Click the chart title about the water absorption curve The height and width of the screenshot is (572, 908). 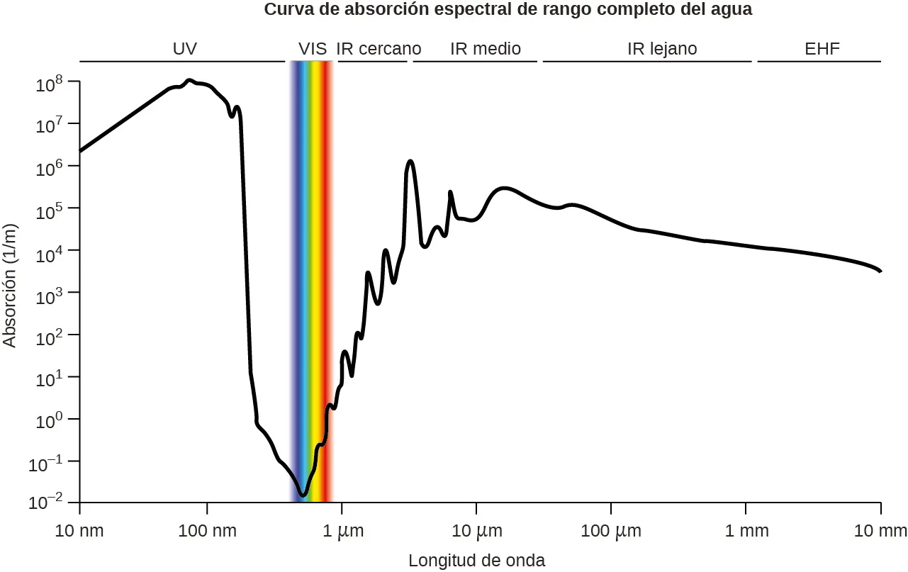[x=508, y=10]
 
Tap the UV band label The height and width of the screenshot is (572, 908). [x=184, y=49]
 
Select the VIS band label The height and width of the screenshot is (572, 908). [x=312, y=49]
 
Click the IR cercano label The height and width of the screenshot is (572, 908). [x=379, y=49]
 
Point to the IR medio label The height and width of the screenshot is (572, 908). [x=486, y=49]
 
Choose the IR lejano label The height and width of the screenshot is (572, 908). [x=662, y=49]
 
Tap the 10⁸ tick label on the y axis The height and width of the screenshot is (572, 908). [x=50, y=85]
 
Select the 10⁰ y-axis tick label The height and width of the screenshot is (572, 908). [x=50, y=421]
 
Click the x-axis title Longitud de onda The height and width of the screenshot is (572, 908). [x=476, y=561]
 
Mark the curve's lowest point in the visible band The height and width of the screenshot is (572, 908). [x=303, y=494]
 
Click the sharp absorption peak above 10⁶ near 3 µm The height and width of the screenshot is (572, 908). [x=410, y=162]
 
